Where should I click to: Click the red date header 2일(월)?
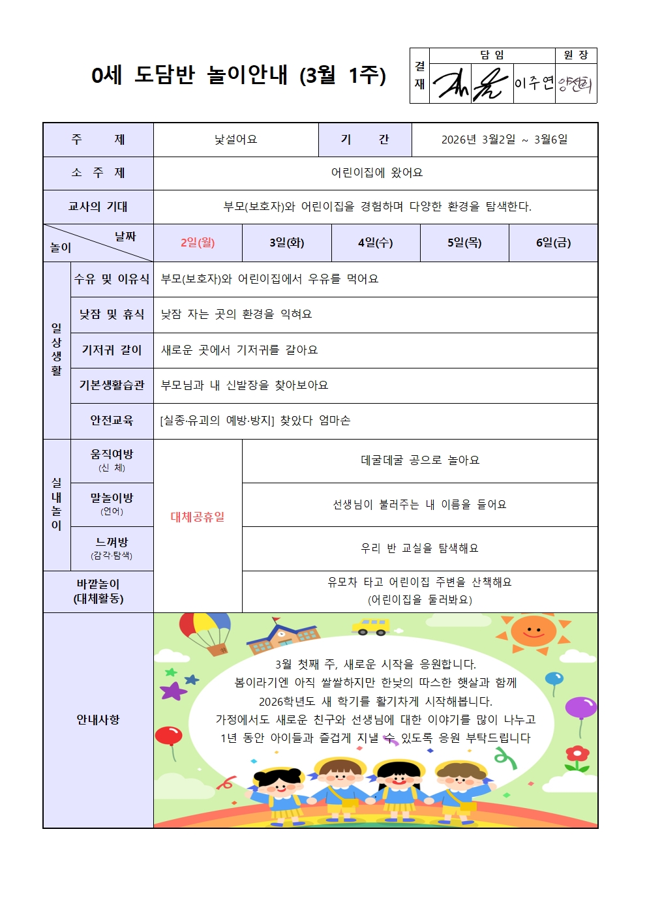198,243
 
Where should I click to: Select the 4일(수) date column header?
375,243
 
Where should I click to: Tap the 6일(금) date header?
553,243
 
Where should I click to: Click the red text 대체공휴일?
198,517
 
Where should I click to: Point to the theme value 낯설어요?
235,140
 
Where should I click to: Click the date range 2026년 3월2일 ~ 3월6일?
504,140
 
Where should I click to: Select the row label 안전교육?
112,421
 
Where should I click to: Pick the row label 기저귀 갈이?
112,350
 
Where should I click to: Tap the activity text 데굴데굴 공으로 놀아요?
419,460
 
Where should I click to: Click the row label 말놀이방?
112,498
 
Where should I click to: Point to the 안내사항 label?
98,720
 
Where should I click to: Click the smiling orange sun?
534,632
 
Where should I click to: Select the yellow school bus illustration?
370,627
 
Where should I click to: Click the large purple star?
173,691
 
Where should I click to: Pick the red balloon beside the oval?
168,736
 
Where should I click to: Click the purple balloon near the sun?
580,708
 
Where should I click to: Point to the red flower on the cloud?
577,755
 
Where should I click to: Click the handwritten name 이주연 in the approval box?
534,83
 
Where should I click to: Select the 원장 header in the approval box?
576,55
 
